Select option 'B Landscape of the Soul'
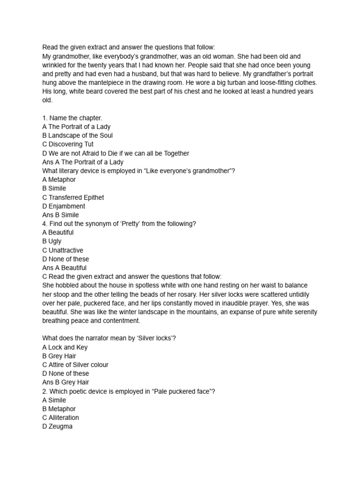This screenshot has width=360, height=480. [77, 135]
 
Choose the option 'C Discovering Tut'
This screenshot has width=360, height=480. [68, 144]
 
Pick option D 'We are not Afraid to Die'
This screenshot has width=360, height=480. [115, 153]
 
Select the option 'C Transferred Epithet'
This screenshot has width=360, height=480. [73, 197]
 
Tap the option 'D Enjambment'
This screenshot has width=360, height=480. [64, 206]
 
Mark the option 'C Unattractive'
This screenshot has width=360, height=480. [63, 250]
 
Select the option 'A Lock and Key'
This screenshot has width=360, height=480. [65, 347]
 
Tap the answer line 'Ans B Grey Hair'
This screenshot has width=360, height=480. [66, 382]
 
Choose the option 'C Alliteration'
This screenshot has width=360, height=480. [60, 418]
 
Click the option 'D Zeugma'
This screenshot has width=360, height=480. [57, 427]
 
